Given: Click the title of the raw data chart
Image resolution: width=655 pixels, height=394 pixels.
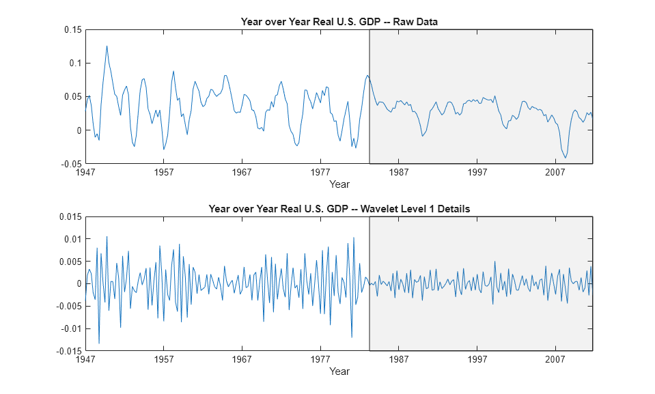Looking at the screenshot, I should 339,21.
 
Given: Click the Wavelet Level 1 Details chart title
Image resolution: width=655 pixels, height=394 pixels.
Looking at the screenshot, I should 339,208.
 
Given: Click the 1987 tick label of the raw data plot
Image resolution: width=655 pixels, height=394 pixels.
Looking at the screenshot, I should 399,173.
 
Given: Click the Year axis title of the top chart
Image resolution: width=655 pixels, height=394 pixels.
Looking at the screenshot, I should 339,184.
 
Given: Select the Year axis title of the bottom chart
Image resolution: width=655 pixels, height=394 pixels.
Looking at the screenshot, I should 339,371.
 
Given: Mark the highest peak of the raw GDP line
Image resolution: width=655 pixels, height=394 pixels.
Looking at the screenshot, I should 107,46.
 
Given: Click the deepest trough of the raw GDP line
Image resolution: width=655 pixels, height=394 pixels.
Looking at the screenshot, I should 566,158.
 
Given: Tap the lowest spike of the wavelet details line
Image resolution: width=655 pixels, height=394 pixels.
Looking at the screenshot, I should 99,343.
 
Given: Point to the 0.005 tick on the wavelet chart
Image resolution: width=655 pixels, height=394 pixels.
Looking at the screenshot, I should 70,262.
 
